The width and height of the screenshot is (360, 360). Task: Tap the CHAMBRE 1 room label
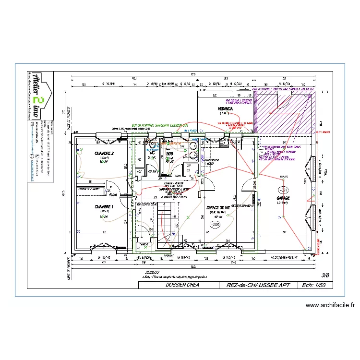click(x=104, y=207)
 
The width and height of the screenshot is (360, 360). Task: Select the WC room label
click(x=152, y=153)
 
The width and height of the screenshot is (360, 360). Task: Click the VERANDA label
click(x=225, y=109)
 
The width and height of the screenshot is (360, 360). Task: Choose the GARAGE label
click(x=283, y=198)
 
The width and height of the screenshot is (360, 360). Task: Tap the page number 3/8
click(x=325, y=275)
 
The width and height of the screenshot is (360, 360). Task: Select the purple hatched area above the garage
click(x=285, y=113)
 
